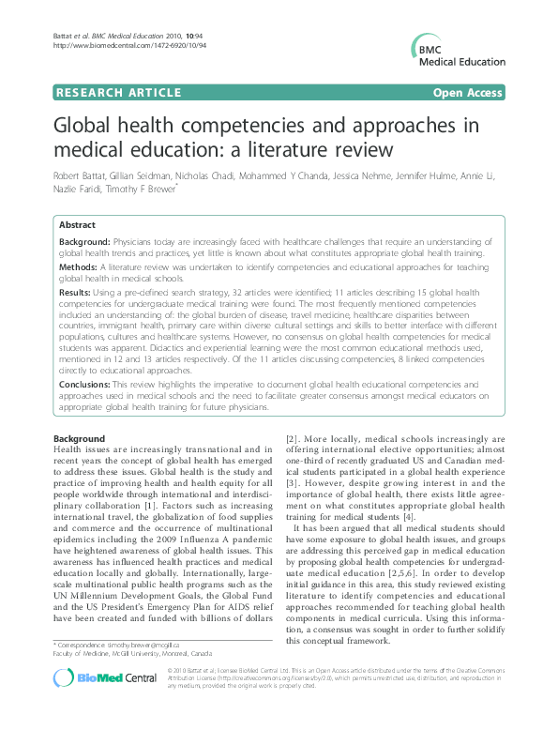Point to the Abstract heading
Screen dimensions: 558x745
point(77,226)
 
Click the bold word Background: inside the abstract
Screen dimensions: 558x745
point(85,242)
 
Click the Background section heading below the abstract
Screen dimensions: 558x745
point(80,439)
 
